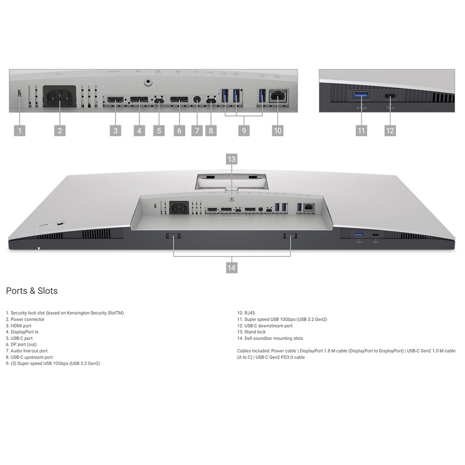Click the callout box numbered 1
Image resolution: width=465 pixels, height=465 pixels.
coord(19,131)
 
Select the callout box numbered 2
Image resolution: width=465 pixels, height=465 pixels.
coord(60,131)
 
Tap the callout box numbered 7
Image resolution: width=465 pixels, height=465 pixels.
coord(197,131)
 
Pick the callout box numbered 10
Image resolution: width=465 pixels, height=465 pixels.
coord(278,131)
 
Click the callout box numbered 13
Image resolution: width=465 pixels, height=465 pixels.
coord(231,159)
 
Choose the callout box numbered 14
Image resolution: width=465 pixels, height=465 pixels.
coord(231,268)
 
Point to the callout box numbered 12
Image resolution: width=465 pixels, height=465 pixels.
coord(390,131)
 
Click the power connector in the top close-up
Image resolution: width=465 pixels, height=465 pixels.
coord(60,96)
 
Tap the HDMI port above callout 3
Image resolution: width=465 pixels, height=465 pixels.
coord(115,100)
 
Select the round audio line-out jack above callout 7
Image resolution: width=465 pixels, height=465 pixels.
coord(197,99)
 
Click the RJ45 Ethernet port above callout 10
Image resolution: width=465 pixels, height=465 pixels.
coord(278,95)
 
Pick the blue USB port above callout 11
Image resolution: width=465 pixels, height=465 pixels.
coord(361,95)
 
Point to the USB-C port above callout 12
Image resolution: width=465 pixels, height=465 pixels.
coord(390,96)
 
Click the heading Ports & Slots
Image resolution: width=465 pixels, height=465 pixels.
coord(32,291)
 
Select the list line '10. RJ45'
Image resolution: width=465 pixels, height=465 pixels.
coord(246,313)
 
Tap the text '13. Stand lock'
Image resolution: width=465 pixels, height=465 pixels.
coord(251,332)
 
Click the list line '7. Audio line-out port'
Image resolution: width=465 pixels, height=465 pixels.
coord(27,351)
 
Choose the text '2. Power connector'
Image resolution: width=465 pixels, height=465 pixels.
coord(25,319)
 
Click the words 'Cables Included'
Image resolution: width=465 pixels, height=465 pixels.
coord(253,351)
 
